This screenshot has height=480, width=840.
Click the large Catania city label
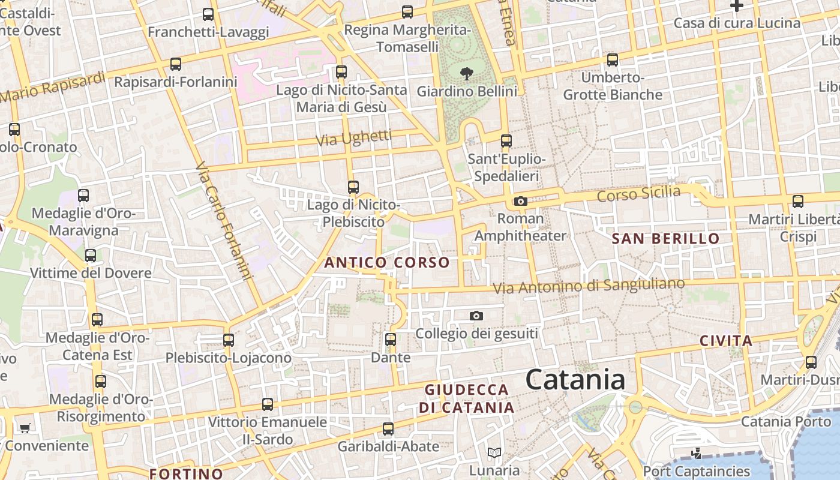point(575,380)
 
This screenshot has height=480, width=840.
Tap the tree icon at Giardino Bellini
point(466,74)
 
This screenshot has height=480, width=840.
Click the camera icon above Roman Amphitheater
point(521,202)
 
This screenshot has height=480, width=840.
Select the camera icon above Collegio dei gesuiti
point(476,316)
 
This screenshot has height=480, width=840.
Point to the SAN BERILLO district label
point(665,239)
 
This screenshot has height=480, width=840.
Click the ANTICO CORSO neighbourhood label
point(386,262)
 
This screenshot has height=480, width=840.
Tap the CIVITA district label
point(726,341)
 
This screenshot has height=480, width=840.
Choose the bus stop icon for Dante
point(391,340)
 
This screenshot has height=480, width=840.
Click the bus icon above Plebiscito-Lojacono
point(228,340)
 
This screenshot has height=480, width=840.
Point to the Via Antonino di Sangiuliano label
point(589,286)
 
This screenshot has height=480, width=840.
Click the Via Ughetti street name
point(353,139)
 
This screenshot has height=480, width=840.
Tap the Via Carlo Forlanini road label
point(223,222)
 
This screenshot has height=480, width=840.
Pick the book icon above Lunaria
point(494,452)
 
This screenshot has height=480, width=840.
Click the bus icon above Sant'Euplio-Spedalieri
point(506,141)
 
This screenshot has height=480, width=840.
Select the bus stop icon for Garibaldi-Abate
point(388,429)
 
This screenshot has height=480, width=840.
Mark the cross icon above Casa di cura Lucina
point(737,6)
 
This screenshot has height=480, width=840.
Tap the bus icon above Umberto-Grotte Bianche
point(613,60)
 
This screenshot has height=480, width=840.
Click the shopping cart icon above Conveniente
point(25,428)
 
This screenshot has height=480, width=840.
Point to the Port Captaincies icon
point(696,454)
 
